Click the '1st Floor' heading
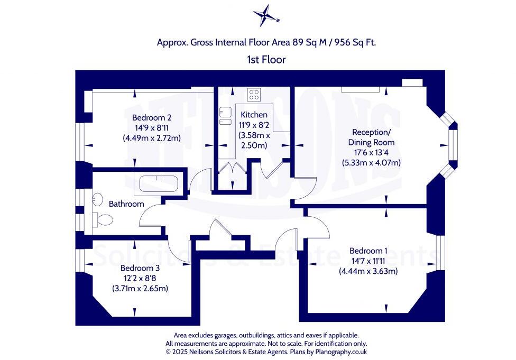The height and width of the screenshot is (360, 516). (266, 60)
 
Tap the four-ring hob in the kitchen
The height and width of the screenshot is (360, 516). (254, 95)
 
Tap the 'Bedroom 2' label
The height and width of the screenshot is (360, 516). (151, 117)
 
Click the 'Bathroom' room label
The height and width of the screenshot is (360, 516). (126, 204)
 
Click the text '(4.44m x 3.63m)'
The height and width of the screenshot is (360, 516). (368, 271)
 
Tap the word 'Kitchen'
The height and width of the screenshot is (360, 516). (254, 115)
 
